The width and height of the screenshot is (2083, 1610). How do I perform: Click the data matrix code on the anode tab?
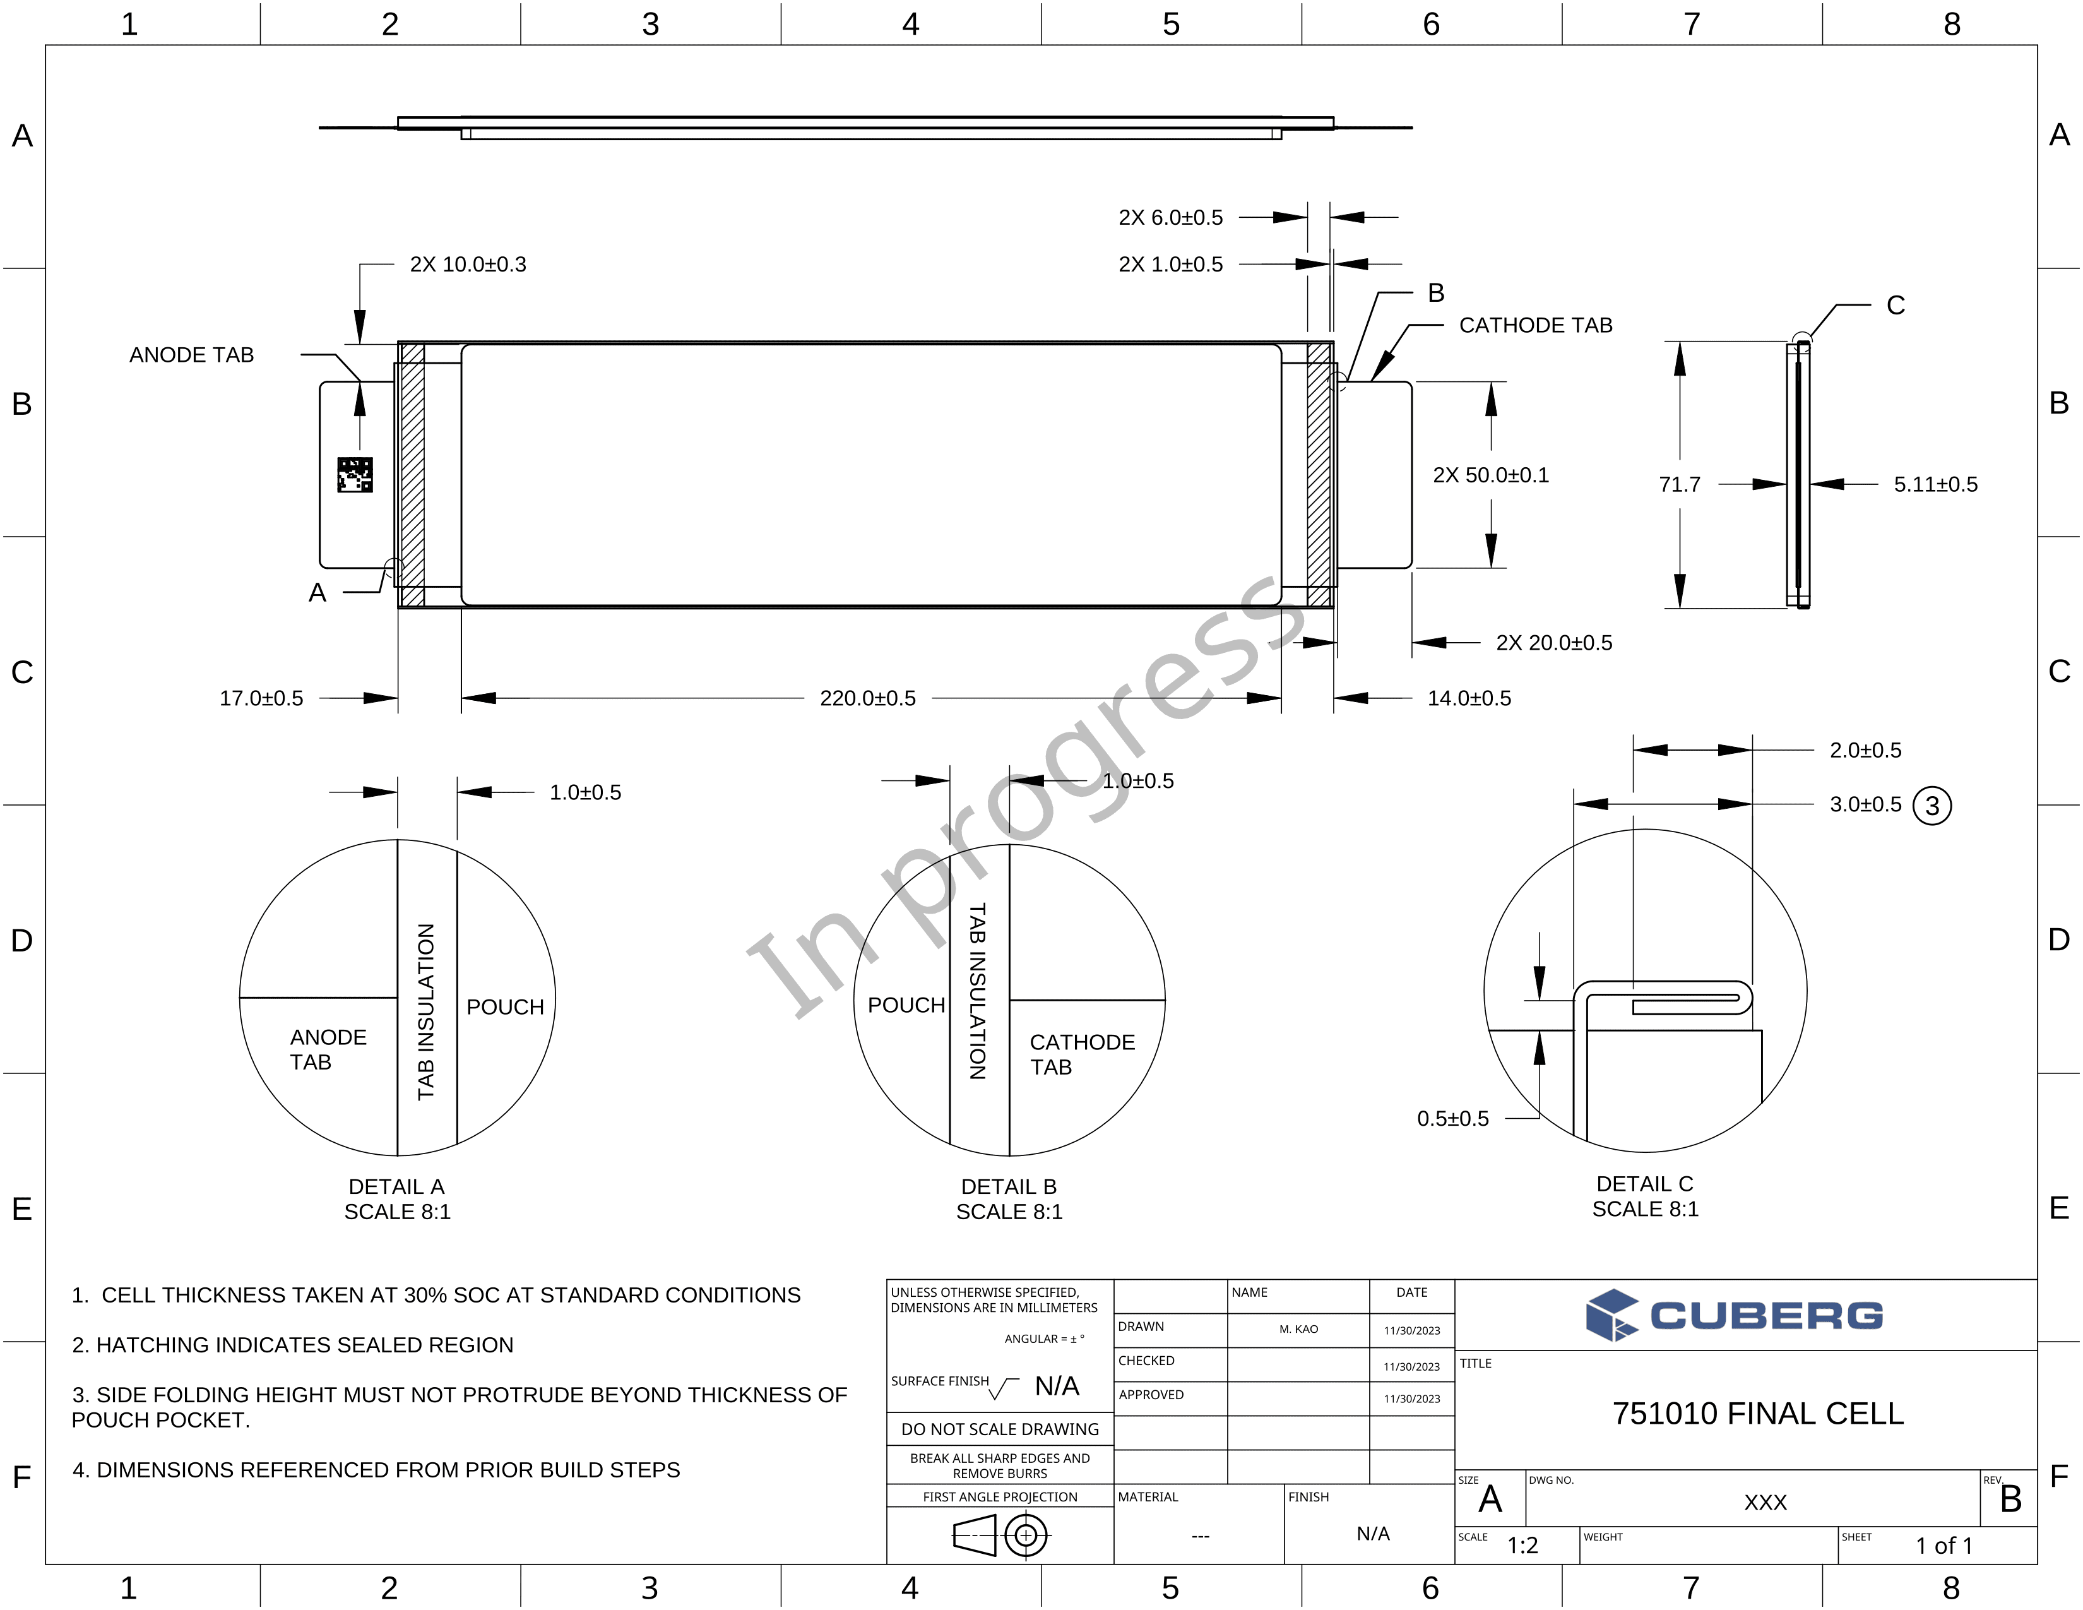pyautogui.click(x=355, y=475)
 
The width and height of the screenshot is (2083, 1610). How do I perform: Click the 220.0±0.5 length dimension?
pyautogui.click(x=868, y=698)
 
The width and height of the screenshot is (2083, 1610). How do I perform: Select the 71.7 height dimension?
pyautogui.click(x=1680, y=484)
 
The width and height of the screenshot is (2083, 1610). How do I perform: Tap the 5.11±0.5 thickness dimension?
pyautogui.click(x=1935, y=484)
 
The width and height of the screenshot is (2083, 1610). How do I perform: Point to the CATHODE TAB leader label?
pyautogui.click(x=1536, y=325)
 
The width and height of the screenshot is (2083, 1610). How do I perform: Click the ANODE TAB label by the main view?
pyautogui.click(x=192, y=355)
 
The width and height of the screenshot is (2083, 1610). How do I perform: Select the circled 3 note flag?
pyautogui.click(x=1932, y=806)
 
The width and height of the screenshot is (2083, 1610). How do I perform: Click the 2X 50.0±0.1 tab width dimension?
pyautogui.click(x=1491, y=475)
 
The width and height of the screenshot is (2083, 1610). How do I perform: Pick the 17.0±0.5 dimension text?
pyautogui.click(x=261, y=698)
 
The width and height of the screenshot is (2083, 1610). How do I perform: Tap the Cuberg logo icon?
pyautogui.click(x=1612, y=1315)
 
